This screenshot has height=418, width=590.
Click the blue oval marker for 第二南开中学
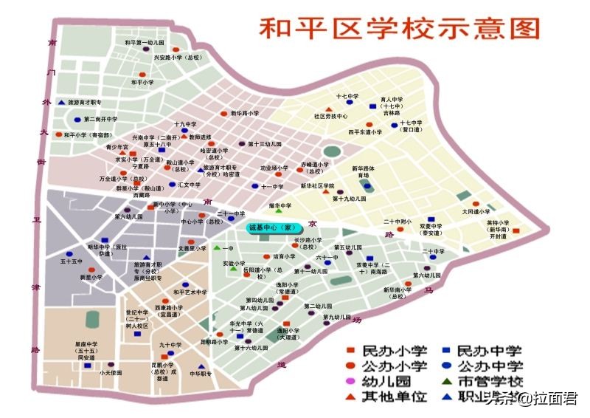(x=77, y=119)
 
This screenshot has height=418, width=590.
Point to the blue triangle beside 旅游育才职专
(x=62, y=102)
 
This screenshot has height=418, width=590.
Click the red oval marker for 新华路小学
(x=223, y=114)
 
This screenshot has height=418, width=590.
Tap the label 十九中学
(x=185, y=124)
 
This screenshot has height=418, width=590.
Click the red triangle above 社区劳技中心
(x=327, y=109)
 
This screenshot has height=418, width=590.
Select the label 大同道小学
(x=476, y=211)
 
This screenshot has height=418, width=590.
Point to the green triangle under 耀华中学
(x=279, y=213)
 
